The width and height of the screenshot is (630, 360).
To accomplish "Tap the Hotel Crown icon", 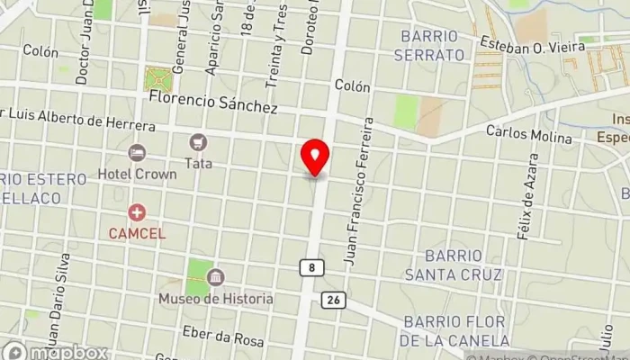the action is click(x=137, y=154).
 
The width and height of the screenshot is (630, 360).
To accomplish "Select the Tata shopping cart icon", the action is click(x=197, y=142).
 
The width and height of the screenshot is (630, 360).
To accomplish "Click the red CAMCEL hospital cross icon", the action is click(x=137, y=213).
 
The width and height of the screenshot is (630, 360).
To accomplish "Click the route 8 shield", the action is click(x=310, y=268).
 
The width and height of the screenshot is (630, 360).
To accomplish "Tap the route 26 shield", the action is click(x=333, y=300).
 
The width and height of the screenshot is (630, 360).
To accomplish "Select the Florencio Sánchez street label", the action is click(x=214, y=105).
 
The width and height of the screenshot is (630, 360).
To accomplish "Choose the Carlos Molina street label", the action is click(x=529, y=134).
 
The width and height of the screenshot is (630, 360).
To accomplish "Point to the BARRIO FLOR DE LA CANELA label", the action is click(x=456, y=330).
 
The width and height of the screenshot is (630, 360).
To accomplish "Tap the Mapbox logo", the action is click(x=56, y=352).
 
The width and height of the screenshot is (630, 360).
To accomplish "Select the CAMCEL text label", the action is click(x=137, y=233).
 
